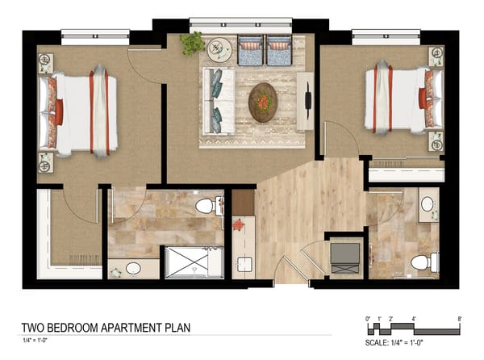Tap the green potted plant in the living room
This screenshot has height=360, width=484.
[192, 43]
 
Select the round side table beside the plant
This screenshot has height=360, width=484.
[219, 50]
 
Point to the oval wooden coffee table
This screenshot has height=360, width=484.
[263, 102]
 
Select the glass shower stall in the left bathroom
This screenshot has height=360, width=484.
[194, 262]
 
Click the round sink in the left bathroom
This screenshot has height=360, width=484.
[133, 268]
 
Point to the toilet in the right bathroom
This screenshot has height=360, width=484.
[422, 262]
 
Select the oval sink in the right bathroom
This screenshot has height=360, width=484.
[428, 205]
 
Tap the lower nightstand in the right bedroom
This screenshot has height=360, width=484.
[436, 143]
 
